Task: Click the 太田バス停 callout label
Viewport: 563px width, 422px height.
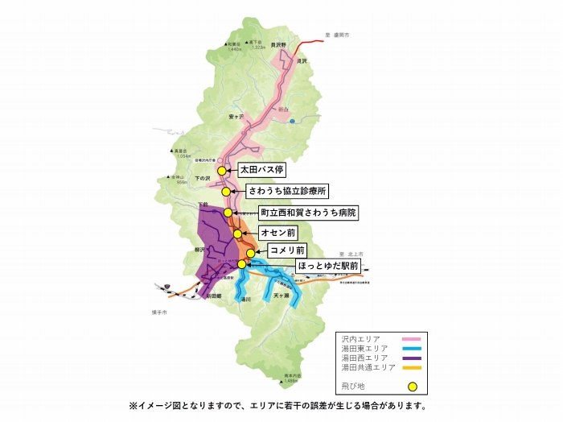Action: [263, 171]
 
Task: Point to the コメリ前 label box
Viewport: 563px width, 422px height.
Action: [287, 251]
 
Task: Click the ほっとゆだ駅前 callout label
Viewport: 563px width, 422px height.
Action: [298, 264]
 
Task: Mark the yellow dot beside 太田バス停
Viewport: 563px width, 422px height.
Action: [222, 171]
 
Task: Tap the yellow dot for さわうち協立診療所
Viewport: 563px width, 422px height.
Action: [228, 192]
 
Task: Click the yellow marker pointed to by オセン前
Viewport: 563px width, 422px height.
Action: [238, 234]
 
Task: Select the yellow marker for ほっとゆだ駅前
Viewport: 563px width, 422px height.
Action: [241, 263]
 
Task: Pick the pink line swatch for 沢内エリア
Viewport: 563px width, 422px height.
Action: [410, 339]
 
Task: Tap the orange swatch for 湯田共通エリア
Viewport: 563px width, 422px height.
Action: [410, 367]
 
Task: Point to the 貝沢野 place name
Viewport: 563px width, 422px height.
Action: [279, 45]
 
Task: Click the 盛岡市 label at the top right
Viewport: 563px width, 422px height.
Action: [342, 35]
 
